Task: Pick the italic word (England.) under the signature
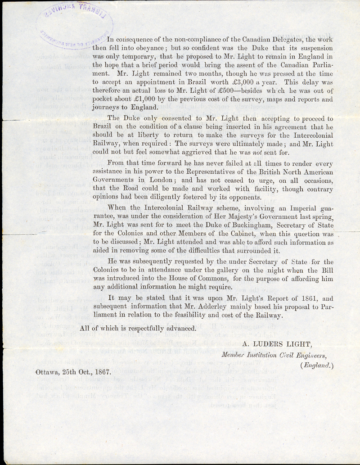click(317, 365)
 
